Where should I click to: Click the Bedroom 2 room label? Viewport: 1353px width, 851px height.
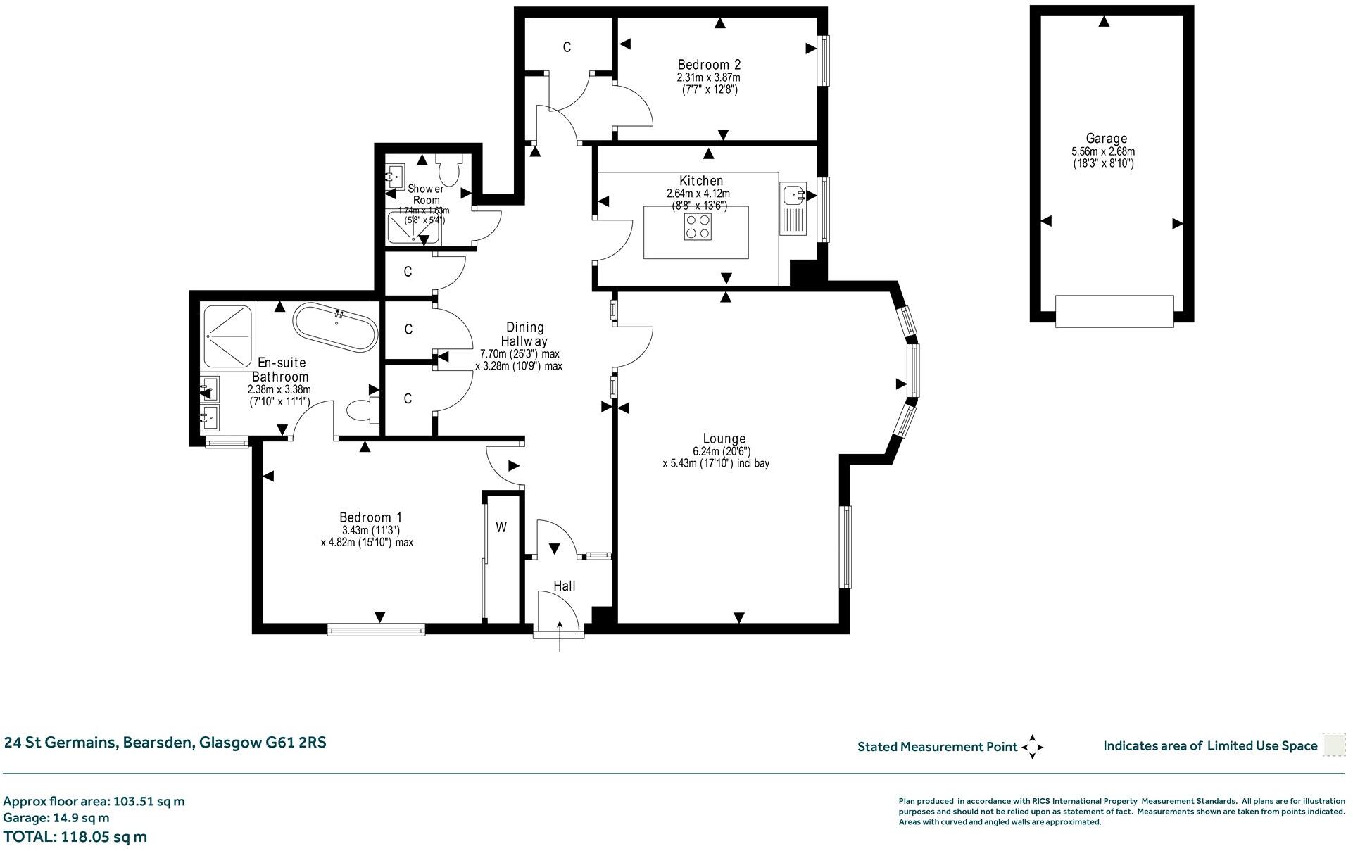pos(708,65)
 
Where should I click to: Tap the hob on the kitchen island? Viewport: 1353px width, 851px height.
pos(698,227)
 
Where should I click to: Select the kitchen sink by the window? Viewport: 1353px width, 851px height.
pos(794,194)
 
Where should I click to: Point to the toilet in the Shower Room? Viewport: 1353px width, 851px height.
pos(447,169)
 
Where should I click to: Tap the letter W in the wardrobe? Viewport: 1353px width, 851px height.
pos(501,527)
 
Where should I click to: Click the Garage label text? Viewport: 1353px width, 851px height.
pos(1105,139)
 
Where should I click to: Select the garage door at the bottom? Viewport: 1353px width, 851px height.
pos(1114,311)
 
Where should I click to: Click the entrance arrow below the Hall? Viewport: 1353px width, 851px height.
pos(560,637)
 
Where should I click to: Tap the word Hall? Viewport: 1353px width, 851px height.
pos(564,586)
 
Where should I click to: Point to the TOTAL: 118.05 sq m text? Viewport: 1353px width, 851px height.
pos(75,836)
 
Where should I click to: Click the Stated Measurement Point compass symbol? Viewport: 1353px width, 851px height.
pos(1032,747)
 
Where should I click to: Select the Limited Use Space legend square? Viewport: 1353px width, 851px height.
pos(1333,745)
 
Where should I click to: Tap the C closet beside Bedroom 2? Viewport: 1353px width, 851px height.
pos(567,47)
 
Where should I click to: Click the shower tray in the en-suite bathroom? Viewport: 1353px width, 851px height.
pos(227,336)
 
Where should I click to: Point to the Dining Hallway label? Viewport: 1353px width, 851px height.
pos(525,334)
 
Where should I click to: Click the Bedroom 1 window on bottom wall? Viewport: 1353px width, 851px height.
pos(377,629)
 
